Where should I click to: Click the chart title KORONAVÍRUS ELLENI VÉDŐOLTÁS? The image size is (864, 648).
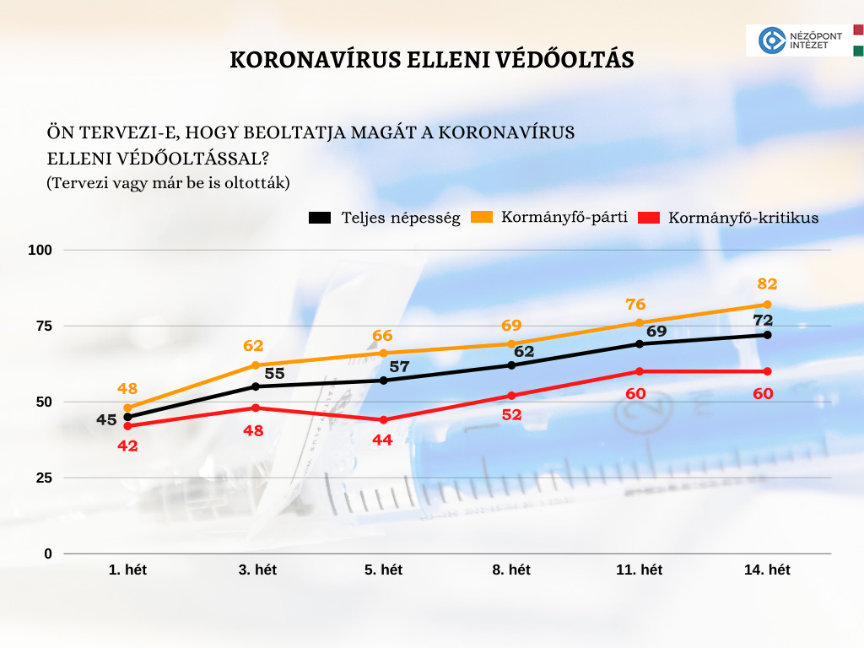(431, 61)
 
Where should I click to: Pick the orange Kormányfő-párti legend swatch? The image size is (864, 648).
(482, 217)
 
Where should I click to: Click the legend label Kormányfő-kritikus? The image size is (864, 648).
(743, 218)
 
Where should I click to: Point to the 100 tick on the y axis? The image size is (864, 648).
(41, 250)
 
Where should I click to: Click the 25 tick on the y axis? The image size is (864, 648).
(42, 478)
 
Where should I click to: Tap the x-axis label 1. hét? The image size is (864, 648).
(127, 570)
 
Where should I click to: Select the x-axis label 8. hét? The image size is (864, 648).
(511, 570)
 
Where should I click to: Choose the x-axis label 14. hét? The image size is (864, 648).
(767, 570)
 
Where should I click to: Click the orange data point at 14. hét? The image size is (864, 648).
(767, 305)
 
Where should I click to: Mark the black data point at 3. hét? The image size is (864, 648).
(256, 386)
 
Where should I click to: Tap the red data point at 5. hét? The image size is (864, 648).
(383, 419)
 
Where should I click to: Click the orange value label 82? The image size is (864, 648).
(767, 284)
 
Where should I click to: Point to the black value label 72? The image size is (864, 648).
(763, 320)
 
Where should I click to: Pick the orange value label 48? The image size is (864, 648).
(127, 389)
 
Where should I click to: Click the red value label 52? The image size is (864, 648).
(511, 415)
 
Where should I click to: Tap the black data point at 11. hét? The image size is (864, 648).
(639, 343)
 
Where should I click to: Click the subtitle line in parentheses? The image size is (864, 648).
(169, 182)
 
